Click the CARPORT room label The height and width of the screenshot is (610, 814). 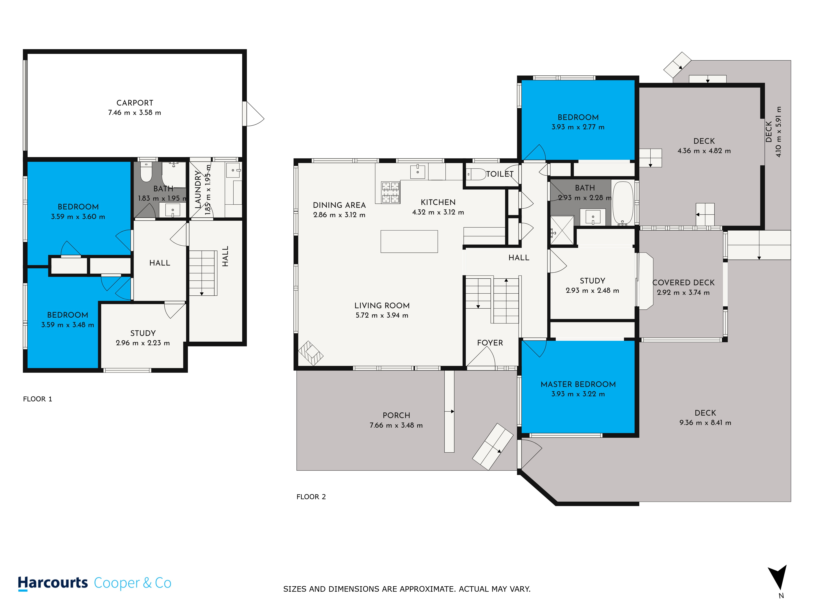click(x=135, y=103)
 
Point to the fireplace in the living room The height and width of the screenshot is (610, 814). click(x=311, y=353)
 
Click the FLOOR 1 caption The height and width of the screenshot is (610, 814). click(x=37, y=399)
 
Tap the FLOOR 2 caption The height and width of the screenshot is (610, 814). click(x=311, y=497)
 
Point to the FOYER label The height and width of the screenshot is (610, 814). click(x=490, y=343)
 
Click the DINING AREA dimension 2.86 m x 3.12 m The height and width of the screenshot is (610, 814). click(x=339, y=215)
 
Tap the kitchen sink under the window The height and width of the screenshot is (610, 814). click(x=418, y=172)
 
